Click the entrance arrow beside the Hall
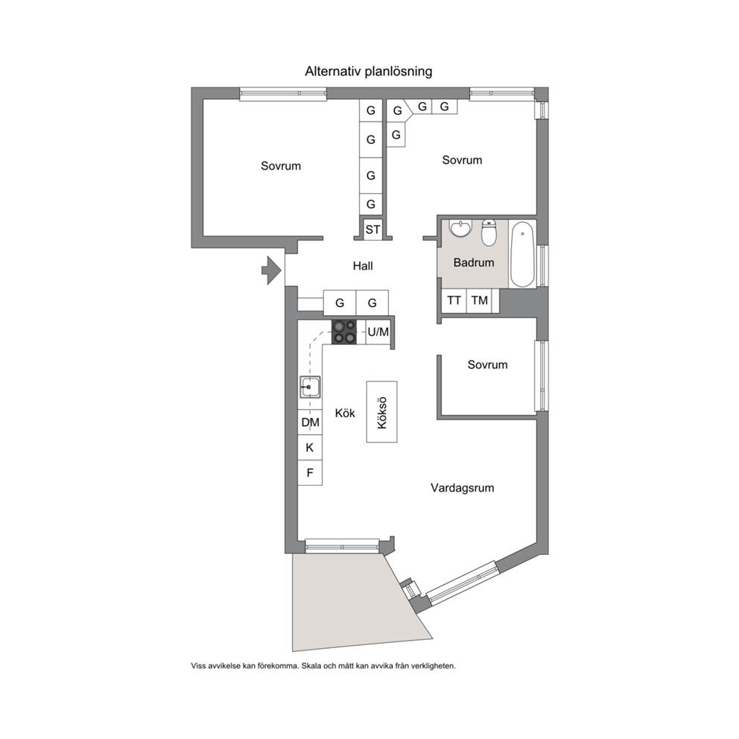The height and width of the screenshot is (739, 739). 272,270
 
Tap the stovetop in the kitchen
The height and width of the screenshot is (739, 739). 344,332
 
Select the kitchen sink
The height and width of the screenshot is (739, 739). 310,387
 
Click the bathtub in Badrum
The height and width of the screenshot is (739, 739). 522,254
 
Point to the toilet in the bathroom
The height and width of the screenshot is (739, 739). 489,232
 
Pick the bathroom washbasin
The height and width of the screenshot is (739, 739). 460,228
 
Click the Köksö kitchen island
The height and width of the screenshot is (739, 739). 381,412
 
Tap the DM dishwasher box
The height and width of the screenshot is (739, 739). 310,422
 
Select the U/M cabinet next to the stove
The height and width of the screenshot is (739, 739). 378,332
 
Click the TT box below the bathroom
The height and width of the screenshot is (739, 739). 454,301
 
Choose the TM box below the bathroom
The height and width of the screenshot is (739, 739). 479,301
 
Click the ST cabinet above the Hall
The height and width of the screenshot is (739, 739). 372,229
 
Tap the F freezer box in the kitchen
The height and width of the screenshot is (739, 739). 310,473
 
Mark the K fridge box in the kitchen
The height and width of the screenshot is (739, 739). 310,448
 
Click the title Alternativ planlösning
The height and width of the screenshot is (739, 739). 369,72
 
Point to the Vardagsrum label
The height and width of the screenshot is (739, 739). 463,488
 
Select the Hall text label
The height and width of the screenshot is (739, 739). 363,266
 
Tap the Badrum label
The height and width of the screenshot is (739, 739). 474,262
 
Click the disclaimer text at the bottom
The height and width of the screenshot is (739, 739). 323,666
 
